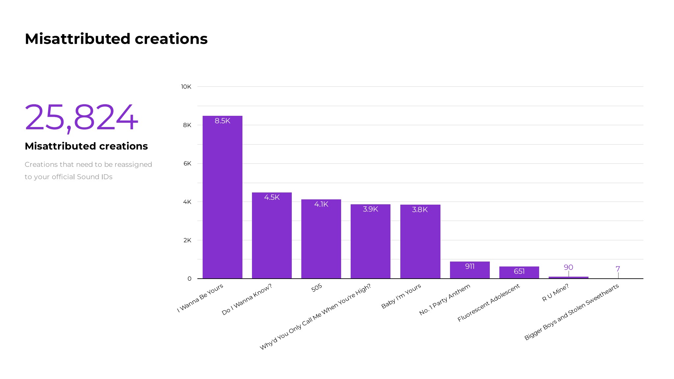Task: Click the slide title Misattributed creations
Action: click(116, 39)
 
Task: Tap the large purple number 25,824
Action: click(81, 117)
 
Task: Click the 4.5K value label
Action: click(272, 197)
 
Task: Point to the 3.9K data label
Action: click(370, 209)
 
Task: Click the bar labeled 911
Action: click(470, 270)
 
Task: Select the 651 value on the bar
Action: click(519, 271)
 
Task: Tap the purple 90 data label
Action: click(568, 267)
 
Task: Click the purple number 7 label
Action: click(618, 269)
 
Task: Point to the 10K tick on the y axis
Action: click(186, 87)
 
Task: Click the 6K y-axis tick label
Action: click(187, 164)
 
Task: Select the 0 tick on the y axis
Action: click(189, 279)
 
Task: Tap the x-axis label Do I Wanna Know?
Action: click(247, 299)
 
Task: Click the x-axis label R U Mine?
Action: click(555, 293)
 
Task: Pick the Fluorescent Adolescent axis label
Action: click(488, 303)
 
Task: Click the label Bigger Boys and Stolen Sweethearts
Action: click(571, 312)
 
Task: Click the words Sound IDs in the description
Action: click(94, 177)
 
